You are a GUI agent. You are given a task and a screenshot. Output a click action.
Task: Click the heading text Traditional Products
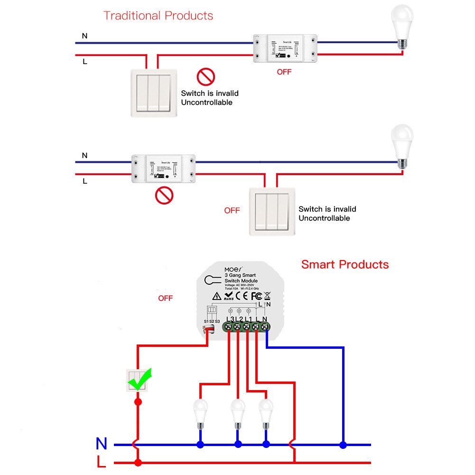[158, 16]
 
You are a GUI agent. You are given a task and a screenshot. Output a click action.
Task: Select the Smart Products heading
[345, 264]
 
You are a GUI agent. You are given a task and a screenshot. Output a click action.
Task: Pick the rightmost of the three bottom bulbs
[266, 411]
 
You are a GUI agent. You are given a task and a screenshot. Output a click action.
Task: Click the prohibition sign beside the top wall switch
[206, 76]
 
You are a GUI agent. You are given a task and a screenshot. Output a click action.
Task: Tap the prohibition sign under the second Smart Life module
[164, 195]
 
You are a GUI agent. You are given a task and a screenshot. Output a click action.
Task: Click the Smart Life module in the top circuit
[284, 49]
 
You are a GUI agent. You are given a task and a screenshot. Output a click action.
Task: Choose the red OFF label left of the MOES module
[165, 298]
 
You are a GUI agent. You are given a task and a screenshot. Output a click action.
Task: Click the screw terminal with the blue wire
[265, 326]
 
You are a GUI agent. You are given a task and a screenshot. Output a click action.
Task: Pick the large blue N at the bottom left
[102, 444]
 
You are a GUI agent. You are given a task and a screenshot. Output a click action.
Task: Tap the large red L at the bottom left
[101, 462]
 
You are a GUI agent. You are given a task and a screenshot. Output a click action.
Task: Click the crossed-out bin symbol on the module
[267, 296]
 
